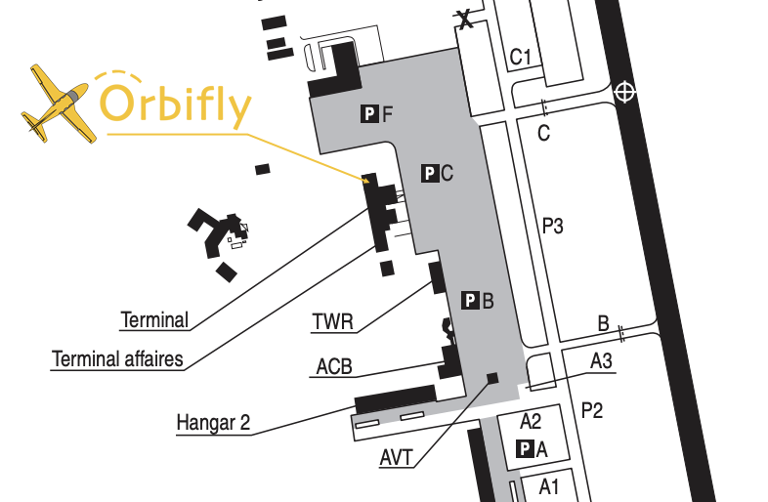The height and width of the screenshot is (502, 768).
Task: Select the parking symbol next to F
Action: click(368, 114)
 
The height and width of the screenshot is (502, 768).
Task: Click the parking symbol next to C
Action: click(429, 174)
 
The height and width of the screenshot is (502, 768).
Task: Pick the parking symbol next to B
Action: click(470, 301)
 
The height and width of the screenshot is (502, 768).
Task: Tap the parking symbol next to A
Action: click(525, 449)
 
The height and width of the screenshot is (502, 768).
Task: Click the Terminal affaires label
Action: click(117, 359)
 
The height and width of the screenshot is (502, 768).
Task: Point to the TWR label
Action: click(333, 321)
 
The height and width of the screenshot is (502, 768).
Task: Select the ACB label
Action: click(334, 368)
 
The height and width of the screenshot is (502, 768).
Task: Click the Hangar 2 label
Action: click(213, 423)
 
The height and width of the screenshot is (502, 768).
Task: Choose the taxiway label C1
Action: click(520, 58)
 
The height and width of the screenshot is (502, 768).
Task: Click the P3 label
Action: click(553, 228)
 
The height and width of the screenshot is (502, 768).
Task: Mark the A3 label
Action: click(601, 361)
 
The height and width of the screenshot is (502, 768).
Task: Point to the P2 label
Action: click(592, 410)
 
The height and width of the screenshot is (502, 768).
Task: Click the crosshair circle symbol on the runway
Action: click(625, 93)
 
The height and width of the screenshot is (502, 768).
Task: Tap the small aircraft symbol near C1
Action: click(467, 18)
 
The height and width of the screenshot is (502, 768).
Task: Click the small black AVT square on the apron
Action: click(491, 378)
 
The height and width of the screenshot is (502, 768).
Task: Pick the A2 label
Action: click(531, 422)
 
